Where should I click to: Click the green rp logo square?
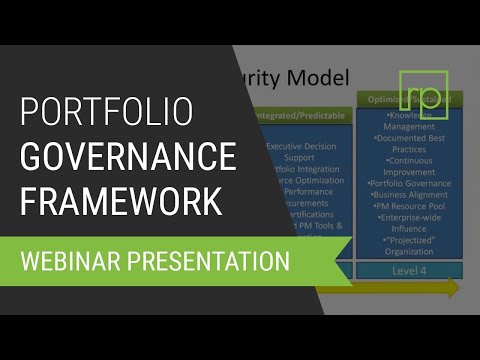click(x=423, y=96)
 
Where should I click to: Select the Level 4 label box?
click(x=409, y=270)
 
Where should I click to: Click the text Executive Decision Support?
click(x=305, y=152)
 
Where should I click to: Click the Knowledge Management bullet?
click(x=409, y=121)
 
